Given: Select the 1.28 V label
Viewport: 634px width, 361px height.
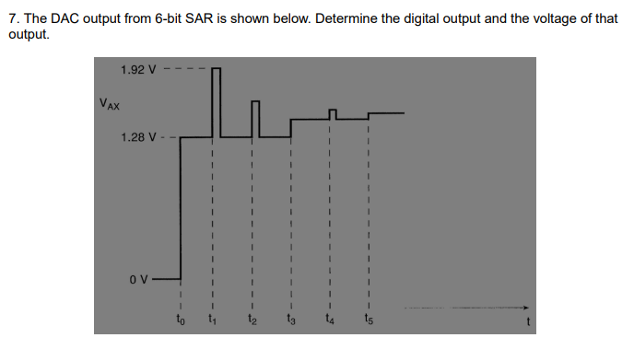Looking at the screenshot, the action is [x=139, y=138].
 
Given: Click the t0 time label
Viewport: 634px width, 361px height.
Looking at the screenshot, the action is [x=181, y=321].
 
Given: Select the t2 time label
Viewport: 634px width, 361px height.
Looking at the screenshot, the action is [x=252, y=321].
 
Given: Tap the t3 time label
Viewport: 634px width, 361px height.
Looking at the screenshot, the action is [x=290, y=321].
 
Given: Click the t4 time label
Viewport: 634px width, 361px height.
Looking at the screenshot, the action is [x=329, y=321].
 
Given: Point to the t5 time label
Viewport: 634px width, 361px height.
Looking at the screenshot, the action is [x=368, y=321].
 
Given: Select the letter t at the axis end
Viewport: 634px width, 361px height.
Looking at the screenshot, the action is [x=527, y=322].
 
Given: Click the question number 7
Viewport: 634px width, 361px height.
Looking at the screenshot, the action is [x=12, y=18].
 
